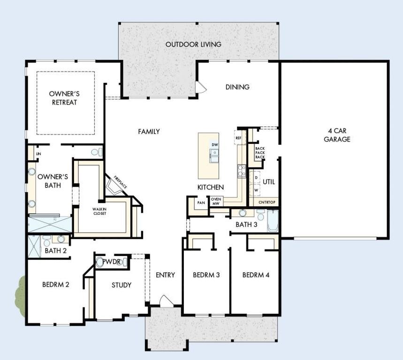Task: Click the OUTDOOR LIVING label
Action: click(193, 45)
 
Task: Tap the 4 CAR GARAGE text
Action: click(337, 135)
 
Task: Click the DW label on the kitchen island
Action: click(214, 144)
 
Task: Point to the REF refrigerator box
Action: click(238, 138)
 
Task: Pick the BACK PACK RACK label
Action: click(259, 153)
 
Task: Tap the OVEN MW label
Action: click(216, 201)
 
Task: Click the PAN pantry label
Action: click(201, 203)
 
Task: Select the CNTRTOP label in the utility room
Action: click(267, 202)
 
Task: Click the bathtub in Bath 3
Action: click(274, 221)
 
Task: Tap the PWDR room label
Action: click(111, 262)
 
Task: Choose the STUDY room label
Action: click(121, 285)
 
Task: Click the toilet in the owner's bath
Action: click(96, 152)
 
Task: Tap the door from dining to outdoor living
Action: click(201, 88)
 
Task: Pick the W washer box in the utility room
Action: click(256, 191)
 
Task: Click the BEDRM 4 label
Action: click(256, 275)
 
